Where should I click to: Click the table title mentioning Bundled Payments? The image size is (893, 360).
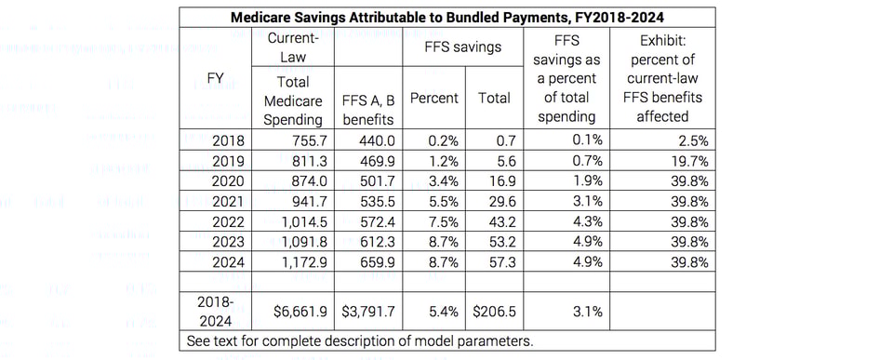coord(446,15)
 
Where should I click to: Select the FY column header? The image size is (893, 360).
coord(214,79)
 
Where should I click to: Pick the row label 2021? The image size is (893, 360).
coord(214,199)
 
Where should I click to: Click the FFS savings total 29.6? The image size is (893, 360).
coord(494,199)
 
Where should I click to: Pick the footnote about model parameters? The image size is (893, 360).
coord(359,340)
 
